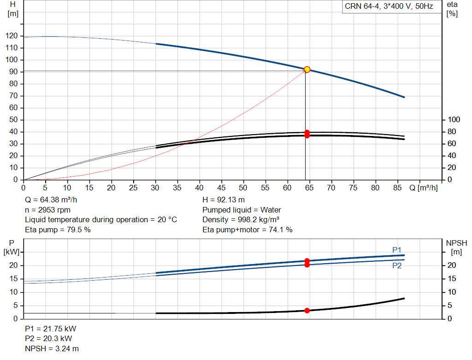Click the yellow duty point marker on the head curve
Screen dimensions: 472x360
[307, 70]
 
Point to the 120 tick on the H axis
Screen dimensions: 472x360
[12, 36]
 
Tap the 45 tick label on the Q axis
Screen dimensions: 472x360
[221, 188]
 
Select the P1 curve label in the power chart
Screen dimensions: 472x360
[397, 250]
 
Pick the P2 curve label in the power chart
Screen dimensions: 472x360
[397, 266]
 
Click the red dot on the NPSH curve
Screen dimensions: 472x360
[307, 311]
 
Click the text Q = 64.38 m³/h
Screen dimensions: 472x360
[51, 200]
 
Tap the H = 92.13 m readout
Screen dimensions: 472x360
[224, 200]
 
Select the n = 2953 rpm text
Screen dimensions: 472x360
[47, 210]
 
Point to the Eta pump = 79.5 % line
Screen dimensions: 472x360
[58, 230]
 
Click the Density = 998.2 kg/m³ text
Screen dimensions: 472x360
[241, 220]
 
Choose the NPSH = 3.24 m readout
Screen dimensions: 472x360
[52, 348]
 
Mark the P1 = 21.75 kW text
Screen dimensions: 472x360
[51, 329]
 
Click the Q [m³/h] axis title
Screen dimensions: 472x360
[424, 188]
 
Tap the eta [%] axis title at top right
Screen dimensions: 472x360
[452, 9]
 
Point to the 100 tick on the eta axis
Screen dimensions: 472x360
[454, 120]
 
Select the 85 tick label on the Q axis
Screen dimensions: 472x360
[397, 188]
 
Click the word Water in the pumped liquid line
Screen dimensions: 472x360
[271, 210]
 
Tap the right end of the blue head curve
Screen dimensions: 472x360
[404, 97]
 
